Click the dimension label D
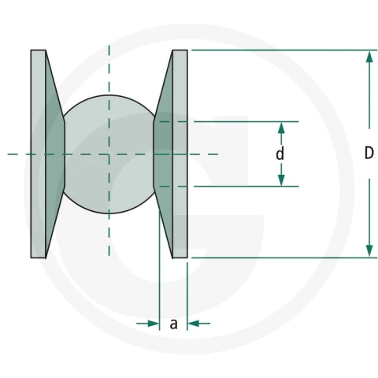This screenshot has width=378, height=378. click(x=369, y=153)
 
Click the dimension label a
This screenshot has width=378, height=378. click(x=173, y=324)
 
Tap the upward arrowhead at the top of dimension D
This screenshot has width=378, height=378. click(x=369, y=57)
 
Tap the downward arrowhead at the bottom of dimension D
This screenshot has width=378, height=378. click(x=369, y=250)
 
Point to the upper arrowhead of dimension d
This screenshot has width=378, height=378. click(x=281, y=128)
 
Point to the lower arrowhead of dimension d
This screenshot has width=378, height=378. click(x=281, y=180)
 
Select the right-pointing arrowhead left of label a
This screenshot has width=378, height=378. click(x=154, y=324)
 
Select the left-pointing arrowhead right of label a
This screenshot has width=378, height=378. click(x=193, y=324)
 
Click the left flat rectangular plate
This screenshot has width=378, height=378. click(x=39, y=154)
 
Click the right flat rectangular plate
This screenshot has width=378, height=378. click(x=180, y=154)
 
